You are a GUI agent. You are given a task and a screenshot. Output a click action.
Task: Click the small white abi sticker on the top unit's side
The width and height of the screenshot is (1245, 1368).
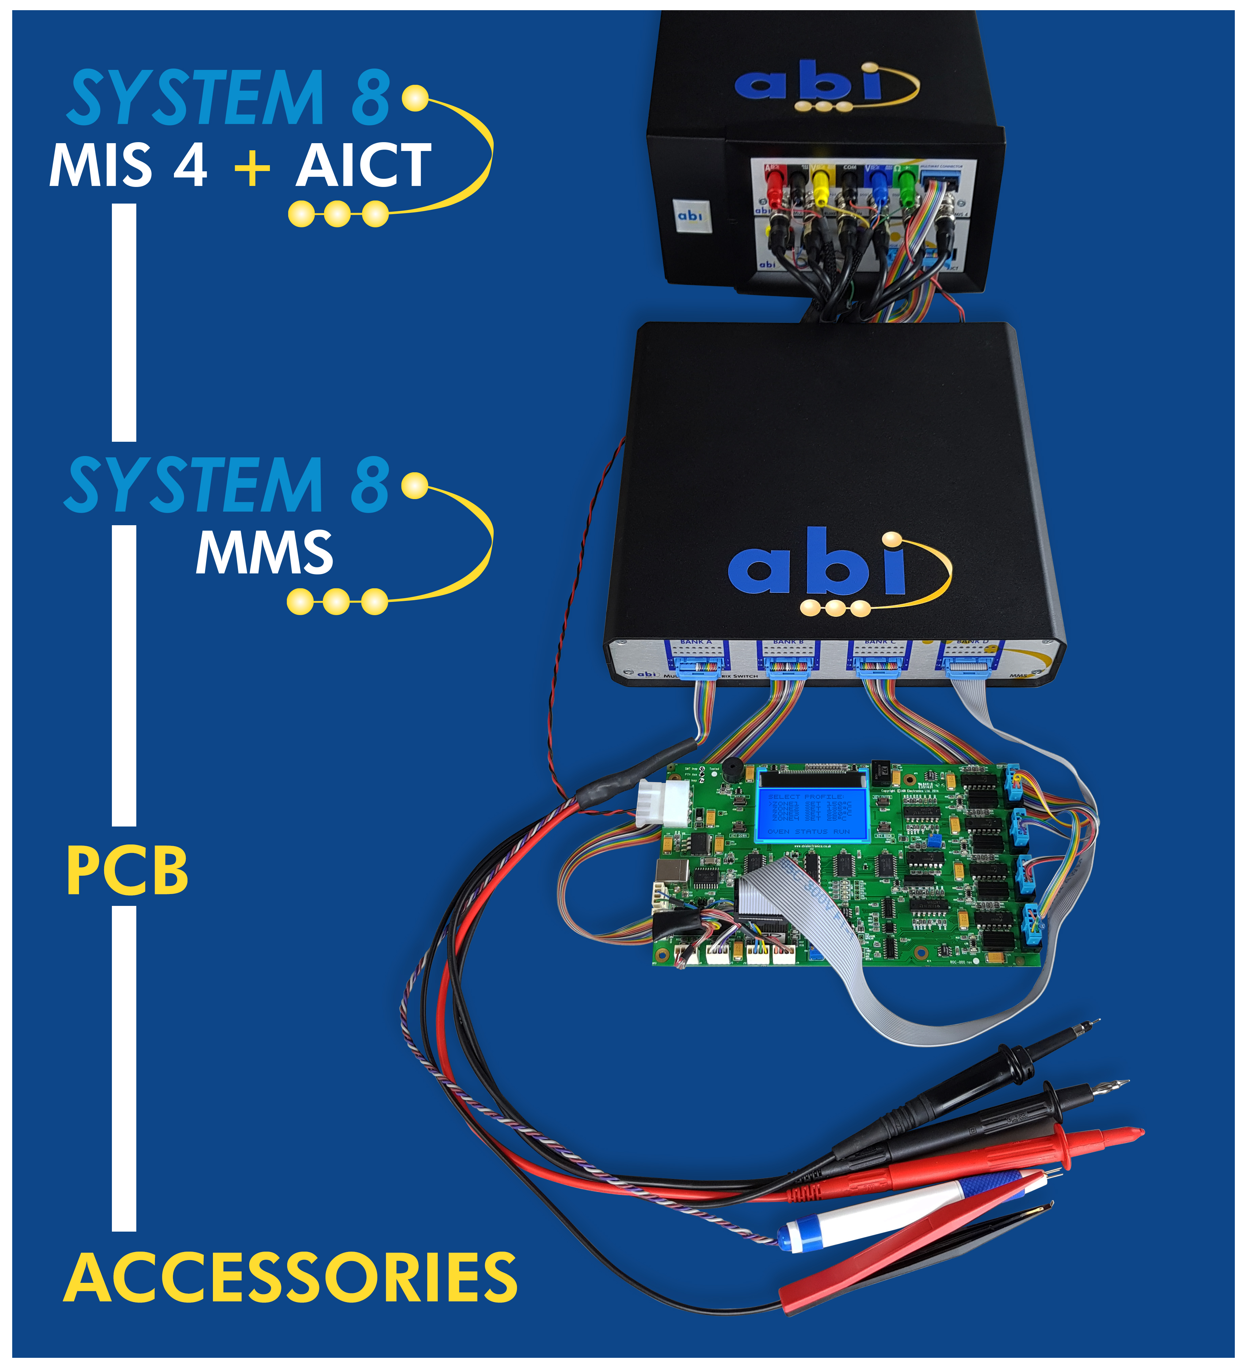click(x=690, y=215)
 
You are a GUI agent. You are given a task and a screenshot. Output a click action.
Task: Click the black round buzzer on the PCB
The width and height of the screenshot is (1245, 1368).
click(x=732, y=770)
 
